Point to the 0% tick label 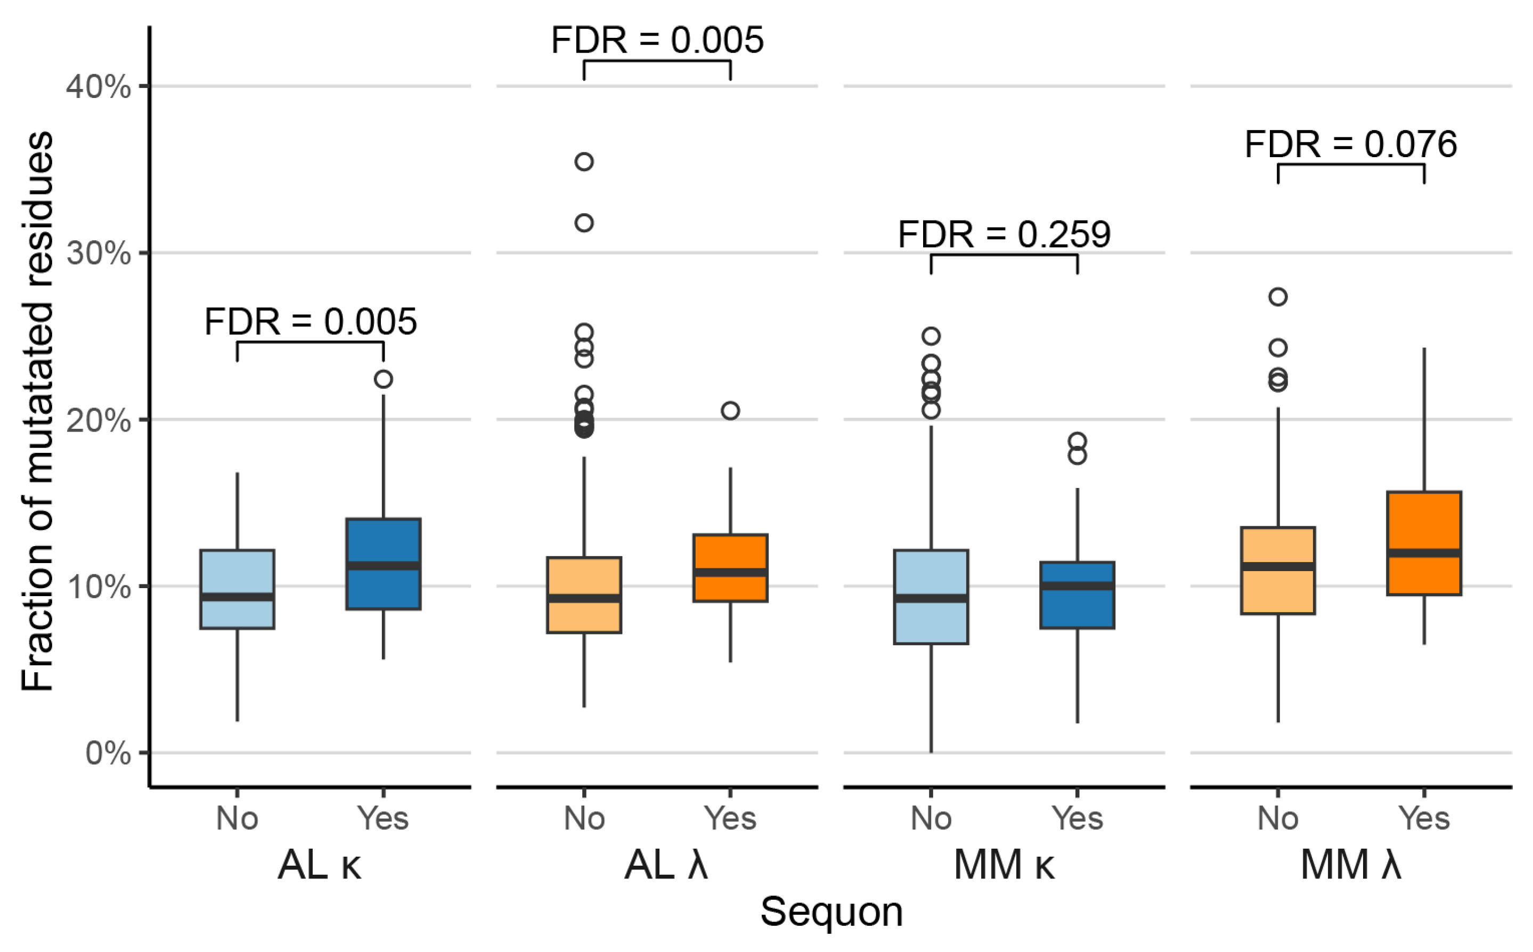point(108,753)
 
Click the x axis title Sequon point(831,912)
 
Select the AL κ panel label point(319,865)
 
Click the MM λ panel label point(1350,865)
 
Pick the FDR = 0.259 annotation point(1004,235)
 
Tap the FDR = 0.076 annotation point(1350,144)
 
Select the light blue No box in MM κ point(931,623)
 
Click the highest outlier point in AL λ point(584,162)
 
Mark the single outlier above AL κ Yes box point(384,379)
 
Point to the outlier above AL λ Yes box point(730,411)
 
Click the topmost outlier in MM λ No point(1278,297)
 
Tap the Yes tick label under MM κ point(1077,818)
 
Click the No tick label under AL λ point(584,818)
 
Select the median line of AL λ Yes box point(730,572)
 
